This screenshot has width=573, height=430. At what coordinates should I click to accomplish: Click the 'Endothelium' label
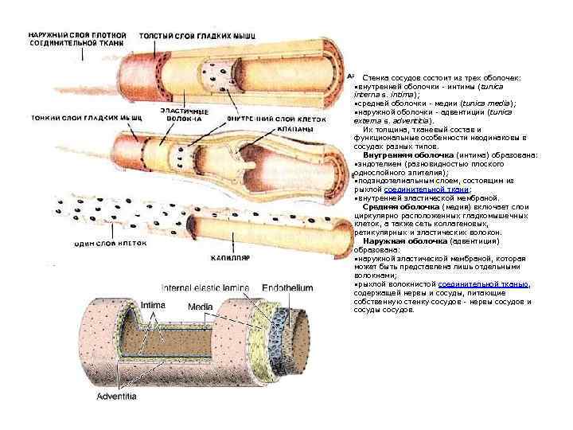(x=288, y=287)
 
